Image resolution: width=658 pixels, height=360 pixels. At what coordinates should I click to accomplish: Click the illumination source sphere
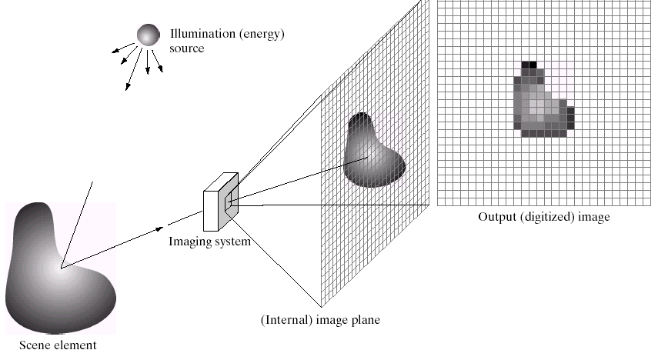[x=148, y=35]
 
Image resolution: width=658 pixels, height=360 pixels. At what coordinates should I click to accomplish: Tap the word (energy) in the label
[x=262, y=34]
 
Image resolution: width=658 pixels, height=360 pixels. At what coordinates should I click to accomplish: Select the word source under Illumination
[x=187, y=48]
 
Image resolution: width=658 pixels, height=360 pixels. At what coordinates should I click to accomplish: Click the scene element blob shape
[x=61, y=268]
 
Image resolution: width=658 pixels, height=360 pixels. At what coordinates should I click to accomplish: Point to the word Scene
[x=34, y=345]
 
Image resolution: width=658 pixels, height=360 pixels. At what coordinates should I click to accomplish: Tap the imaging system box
[x=221, y=202]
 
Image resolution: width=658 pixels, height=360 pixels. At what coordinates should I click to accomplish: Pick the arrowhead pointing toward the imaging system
[x=159, y=229]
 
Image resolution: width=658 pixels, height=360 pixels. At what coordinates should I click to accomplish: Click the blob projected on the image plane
[x=374, y=150]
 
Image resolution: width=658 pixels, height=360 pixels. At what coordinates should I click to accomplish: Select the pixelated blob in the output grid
[x=544, y=99]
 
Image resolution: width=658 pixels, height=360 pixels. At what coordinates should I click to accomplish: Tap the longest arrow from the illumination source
[x=134, y=69]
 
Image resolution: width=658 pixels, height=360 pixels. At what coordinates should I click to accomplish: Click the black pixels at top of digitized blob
[x=529, y=65]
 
